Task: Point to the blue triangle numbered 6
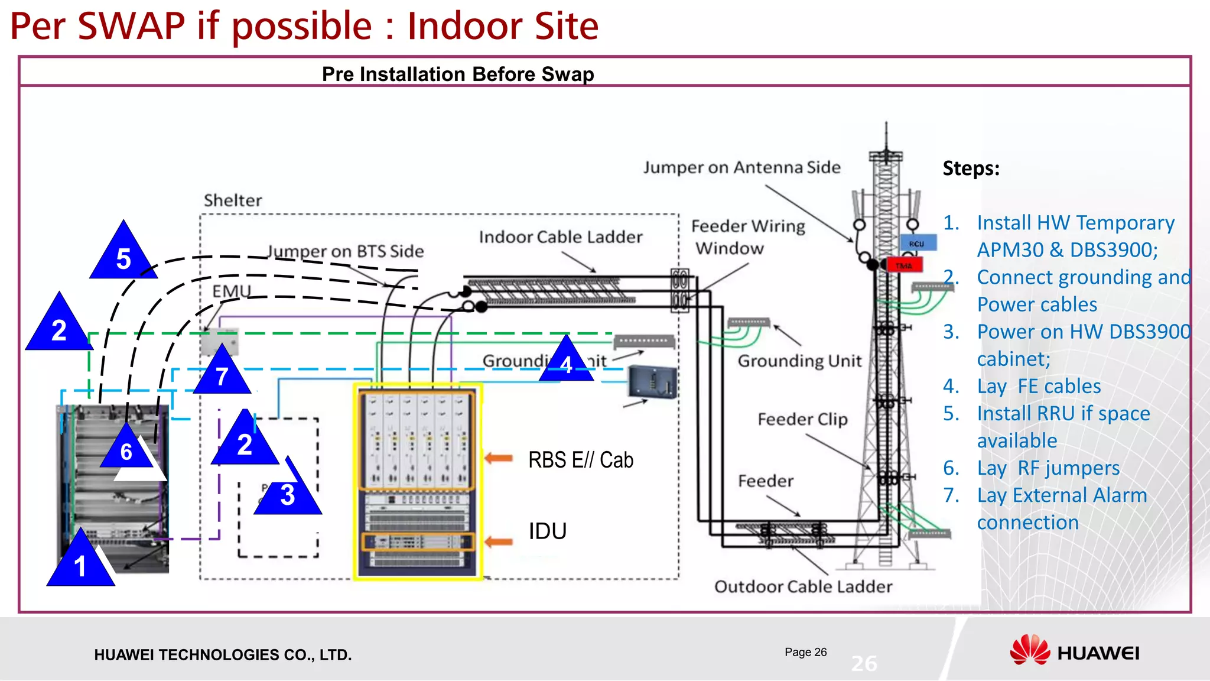coord(126,450)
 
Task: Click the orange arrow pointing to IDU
coord(499,541)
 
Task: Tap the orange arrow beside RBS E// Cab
coord(499,458)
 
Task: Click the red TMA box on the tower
coord(904,265)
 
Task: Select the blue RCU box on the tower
coord(918,244)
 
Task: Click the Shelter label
coord(233,200)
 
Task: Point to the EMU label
coord(232,291)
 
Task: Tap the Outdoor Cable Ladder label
coord(803,586)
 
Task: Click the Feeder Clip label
coord(802,419)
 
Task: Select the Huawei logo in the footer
coord(1074,653)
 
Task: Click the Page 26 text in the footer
coord(805,652)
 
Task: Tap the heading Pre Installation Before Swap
coord(458,74)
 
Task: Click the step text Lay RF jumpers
coord(1048,468)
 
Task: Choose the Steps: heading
coord(971,168)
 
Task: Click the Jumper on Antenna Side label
coord(741,167)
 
